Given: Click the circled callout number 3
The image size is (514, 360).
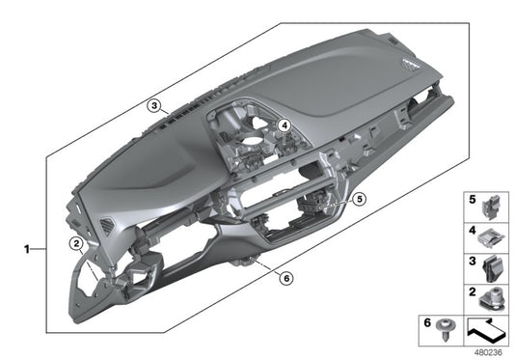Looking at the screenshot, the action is pos(154,106).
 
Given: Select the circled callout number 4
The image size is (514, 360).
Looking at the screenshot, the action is pos(284,125).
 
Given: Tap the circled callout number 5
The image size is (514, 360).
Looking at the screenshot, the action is pos(360,199).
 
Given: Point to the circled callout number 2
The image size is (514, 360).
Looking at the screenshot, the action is pos(76,244).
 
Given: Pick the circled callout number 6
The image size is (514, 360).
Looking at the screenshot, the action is pos(286,278).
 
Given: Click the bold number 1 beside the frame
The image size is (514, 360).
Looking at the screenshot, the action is pos(27,249).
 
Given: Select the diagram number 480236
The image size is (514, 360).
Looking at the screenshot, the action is pos(488,352).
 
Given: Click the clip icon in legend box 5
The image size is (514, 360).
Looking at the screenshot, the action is pos(491,207).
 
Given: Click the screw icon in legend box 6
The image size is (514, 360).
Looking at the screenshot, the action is pos(445,329).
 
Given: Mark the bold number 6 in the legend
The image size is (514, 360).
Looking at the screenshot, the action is pos(427,322).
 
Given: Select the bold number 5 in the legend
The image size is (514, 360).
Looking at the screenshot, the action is pos(472,199).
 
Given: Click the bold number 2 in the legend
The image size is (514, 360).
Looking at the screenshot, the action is pos(472,291).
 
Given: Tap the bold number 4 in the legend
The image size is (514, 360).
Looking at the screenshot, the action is pos(472,231).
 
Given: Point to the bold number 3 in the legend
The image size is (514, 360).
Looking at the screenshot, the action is pos(472,261).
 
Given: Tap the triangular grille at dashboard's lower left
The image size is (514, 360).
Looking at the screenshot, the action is pos(107,226).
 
